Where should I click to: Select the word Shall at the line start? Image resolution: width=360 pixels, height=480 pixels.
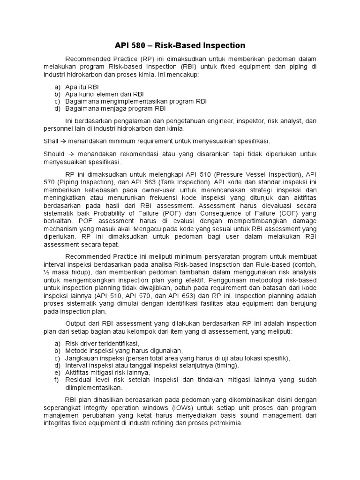[x=51, y=141]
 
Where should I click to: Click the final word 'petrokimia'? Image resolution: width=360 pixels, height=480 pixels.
[x=226, y=423]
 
